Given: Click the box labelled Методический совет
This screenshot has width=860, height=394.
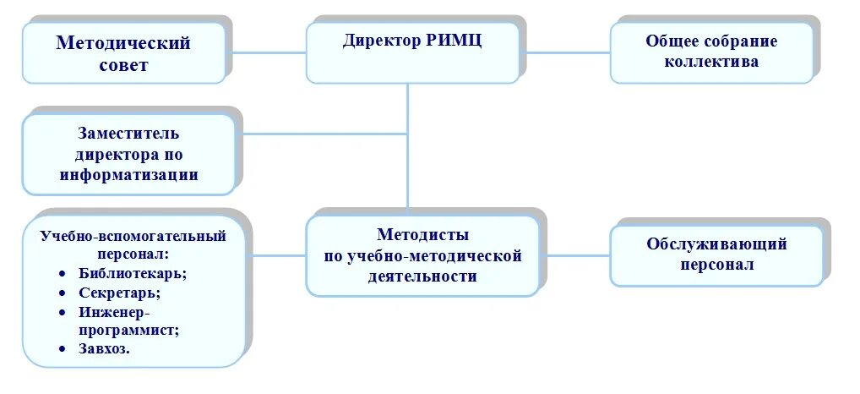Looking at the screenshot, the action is click(123, 52).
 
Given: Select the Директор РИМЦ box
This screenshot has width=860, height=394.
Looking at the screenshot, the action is click(412, 52).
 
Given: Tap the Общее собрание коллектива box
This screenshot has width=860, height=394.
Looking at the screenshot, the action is click(711, 52).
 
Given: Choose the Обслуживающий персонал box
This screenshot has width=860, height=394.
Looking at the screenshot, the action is click(716, 254).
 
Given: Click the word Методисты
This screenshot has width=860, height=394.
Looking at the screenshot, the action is click(422, 235).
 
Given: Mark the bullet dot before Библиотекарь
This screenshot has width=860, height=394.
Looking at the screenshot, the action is click(63, 274).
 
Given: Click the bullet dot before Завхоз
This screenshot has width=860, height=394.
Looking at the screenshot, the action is click(63, 348).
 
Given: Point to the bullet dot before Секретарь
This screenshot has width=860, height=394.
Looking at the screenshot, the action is click(63, 293).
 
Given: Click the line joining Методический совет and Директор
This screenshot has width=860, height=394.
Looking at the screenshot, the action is click(266, 52).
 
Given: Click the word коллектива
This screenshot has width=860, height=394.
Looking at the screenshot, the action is click(711, 62).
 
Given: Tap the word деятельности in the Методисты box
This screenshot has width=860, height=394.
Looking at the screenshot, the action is click(422, 276).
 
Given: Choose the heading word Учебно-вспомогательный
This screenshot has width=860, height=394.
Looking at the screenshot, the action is click(133, 235).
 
